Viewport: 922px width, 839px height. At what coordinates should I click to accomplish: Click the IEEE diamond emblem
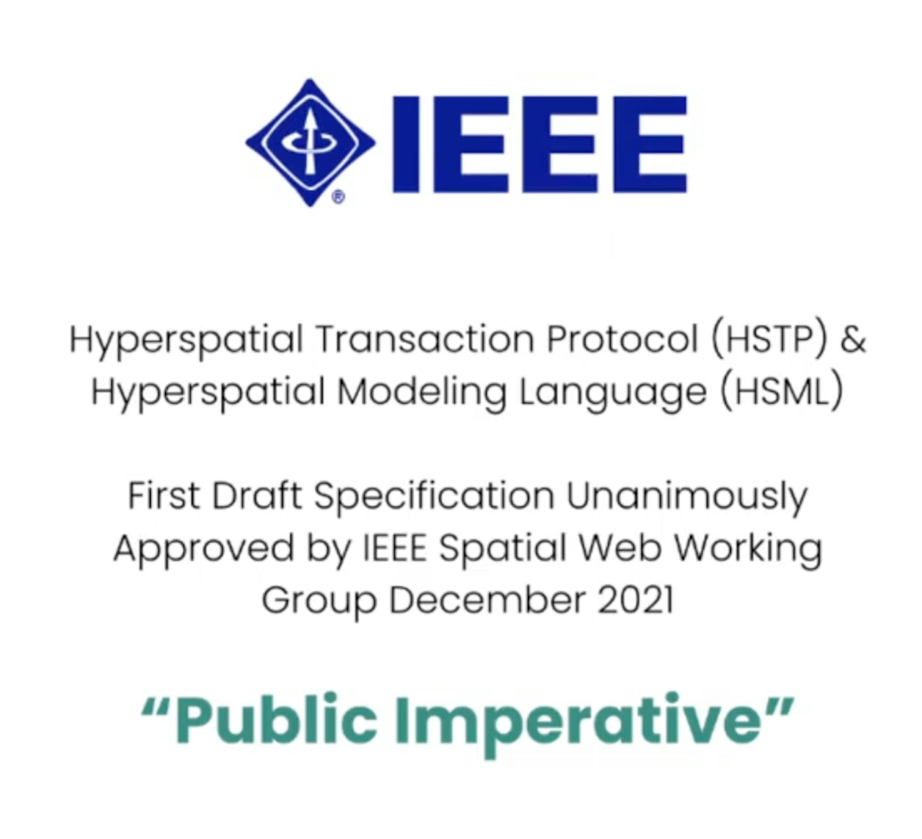pos(311,142)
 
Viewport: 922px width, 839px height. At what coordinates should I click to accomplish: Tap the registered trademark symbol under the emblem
pos(339,197)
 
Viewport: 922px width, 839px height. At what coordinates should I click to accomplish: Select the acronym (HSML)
pos(781,392)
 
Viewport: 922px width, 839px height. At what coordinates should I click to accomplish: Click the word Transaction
pos(425,340)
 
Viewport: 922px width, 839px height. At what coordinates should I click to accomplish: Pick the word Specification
pos(434,497)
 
